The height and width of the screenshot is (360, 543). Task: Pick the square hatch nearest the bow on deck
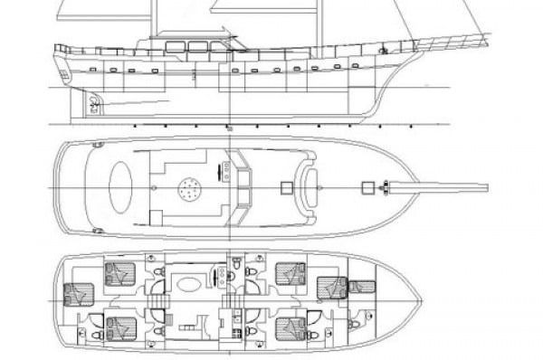point(367,188)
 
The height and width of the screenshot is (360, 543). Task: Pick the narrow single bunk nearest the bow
point(362,288)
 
